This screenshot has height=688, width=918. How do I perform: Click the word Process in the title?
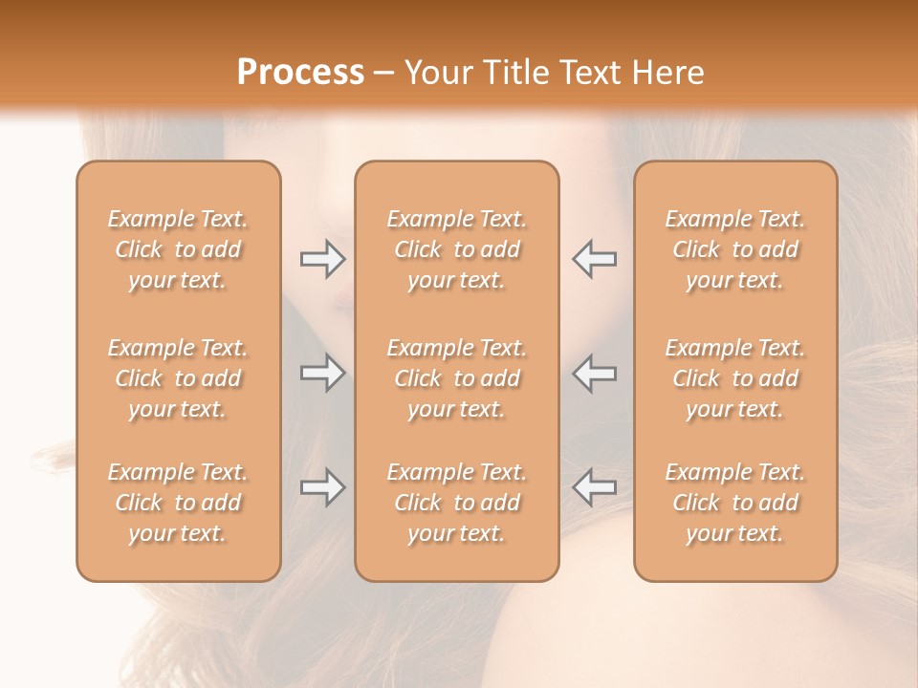[x=300, y=73]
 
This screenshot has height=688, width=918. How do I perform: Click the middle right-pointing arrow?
[x=322, y=373]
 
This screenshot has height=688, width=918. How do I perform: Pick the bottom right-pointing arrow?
[x=322, y=487]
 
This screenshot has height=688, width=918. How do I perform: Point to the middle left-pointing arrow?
[x=595, y=373]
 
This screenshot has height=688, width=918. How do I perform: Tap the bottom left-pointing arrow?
[x=595, y=487]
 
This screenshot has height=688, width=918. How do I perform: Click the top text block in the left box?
[x=178, y=249]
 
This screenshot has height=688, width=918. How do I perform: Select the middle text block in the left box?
[x=178, y=378]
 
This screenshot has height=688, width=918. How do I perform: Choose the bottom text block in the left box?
[x=178, y=503]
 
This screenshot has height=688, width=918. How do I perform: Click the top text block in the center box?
[x=457, y=249]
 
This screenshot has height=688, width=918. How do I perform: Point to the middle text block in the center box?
[x=457, y=378]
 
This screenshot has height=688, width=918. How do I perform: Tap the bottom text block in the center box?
[x=457, y=503]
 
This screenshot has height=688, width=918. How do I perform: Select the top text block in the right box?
[x=735, y=249]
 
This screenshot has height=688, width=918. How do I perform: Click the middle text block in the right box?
[x=735, y=378]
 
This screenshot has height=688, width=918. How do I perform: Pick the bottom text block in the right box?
[x=735, y=503]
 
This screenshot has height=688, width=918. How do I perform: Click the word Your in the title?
[x=436, y=73]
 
